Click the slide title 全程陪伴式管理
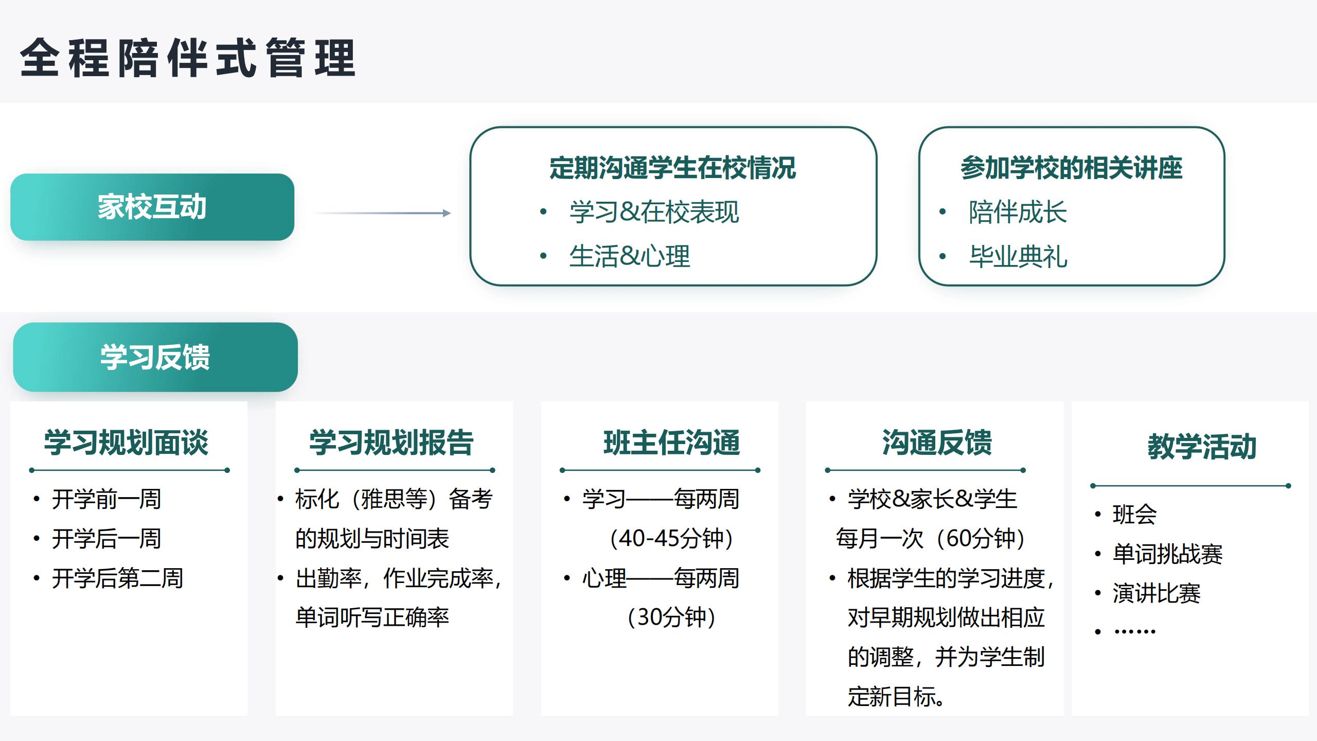coord(188,58)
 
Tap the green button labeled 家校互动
coord(152,207)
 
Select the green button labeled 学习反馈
coord(155,357)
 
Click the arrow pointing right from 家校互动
coord(382,213)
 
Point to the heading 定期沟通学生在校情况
coord(673,168)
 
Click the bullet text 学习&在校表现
coord(654,212)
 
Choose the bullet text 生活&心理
coord(630,256)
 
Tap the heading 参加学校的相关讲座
coord(1072,168)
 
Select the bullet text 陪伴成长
coord(1018,212)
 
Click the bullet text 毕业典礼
coord(1018,256)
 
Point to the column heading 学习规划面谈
coord(127,443)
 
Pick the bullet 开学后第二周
coord(117,578)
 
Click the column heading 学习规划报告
coord(391,443)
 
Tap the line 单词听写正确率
coord(372,617)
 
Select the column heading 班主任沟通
coord(672,443)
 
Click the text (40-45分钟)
coord(671,538)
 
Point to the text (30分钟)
coord(671,617)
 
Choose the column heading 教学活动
coord(1202,447)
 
